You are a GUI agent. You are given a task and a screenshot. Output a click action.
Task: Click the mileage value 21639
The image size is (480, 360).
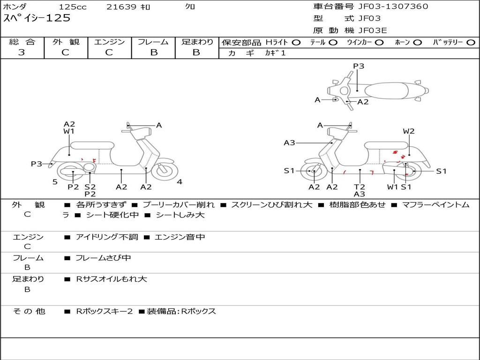[121, 7]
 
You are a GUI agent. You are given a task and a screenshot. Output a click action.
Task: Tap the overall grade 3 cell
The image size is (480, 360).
[22, 52]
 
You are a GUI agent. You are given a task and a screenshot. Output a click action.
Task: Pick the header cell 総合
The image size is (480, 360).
[22, 42]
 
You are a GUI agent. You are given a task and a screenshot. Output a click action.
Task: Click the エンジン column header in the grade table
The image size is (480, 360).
[109, 42]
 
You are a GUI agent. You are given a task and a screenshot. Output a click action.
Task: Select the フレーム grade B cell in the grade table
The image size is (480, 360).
[153, 52]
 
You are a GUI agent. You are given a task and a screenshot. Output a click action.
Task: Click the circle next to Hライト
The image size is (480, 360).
[296, 42]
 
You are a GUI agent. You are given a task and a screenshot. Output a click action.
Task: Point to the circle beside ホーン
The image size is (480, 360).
[417, 42]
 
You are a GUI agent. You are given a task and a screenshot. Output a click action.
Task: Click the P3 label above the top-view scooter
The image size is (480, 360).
[359, 66]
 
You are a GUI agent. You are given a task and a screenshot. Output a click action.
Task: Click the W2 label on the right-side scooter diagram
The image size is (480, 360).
[409, 131]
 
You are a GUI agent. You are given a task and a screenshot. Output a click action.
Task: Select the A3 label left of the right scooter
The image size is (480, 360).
[289, 143]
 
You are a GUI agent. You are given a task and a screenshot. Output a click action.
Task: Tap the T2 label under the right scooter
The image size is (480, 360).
[360, 187]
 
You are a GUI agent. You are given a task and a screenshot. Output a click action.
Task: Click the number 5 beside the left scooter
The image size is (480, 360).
[55, 182]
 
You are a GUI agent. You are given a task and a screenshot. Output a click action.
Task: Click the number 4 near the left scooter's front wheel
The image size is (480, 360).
[180, 182]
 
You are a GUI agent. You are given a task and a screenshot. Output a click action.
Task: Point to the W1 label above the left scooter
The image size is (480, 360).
[69, 131]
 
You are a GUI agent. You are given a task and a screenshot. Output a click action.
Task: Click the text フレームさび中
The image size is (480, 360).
[103, 258]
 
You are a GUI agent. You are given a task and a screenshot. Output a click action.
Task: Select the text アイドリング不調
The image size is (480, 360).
[107, 237]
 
